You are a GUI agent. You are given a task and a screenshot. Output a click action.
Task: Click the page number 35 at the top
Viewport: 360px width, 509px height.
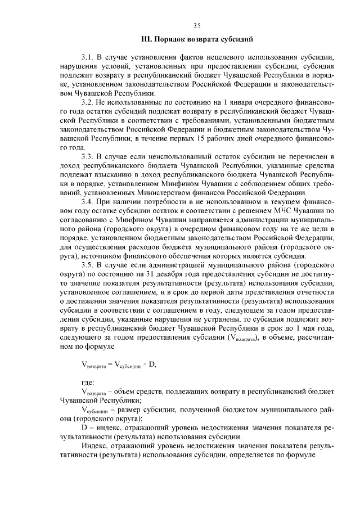click(x=197, y=25)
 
